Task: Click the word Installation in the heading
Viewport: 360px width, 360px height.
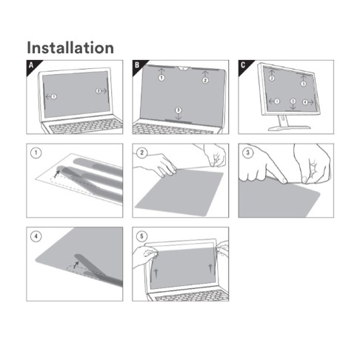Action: click(x=70, y=47)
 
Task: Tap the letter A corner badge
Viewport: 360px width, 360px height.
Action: click(x=32, y=66)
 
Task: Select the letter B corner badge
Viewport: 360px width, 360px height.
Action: click(x=138, y=66)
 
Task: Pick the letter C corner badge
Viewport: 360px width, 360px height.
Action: click(x=244, y=66)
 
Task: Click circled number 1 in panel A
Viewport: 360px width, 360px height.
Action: click(x=54, y=96)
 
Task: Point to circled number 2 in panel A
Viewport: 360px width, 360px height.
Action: click(x=99, y=91)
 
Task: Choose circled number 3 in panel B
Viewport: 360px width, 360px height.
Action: click(x=178, y=110)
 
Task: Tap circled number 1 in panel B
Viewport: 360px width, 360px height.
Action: click(x=161, y=78)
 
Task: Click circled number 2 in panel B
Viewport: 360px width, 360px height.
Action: click(x=205, y=80)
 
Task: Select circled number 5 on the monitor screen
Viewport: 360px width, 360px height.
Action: click(x=293, y=101)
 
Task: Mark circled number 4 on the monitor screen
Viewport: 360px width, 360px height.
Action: click(x=305, y=102)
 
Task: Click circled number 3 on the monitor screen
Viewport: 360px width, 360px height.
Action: click(x=304, y=84)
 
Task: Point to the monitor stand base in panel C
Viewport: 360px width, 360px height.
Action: click(x=289, y=127)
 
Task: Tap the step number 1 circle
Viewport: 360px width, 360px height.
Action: click(x=36, y=153)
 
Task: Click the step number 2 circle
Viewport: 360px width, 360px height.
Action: click(x=142, y=153)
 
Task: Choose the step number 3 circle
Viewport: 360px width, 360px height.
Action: click(x=248, y=153)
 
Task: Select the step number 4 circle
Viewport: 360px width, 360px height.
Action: click(x=36, y=236)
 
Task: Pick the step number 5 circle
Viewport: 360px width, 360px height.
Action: click(x=142, y=236)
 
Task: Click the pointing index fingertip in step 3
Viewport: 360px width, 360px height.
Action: click(x=284, y=181)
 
